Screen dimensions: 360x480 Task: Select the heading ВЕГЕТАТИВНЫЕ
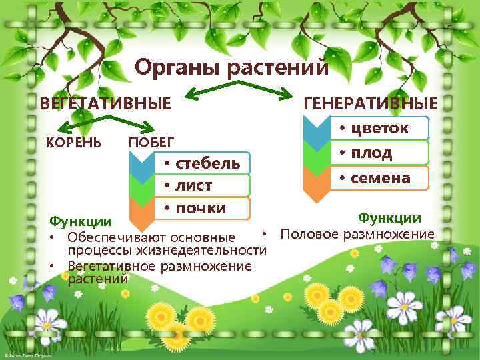click(x=106, y=104)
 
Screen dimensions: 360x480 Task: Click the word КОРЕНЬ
click(x=73, y=142)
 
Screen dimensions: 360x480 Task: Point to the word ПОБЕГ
click(x=151, y=143)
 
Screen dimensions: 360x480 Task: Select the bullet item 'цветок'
click(x=378, y=128)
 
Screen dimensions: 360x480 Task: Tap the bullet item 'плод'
click(x=369, y=153)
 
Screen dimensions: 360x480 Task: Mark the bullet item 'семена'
click(x=378, y=177)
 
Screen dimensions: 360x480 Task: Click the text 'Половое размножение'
click(x=357, y=234)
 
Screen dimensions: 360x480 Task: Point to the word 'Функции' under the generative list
click(x=389, y=218)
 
